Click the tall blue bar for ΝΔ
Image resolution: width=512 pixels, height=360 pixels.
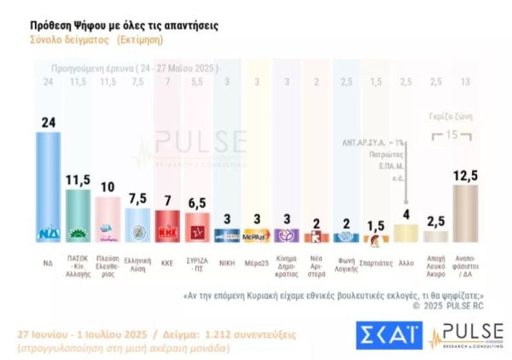[x=48, y=183]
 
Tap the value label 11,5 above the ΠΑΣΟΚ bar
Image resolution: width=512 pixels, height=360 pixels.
[x=79, y=180]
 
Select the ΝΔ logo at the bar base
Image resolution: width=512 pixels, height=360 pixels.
[x=48, y=233]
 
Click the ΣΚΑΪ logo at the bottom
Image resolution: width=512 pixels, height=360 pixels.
[x=387, y=335]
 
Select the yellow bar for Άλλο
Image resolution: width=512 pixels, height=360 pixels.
[x=406, y=231]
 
